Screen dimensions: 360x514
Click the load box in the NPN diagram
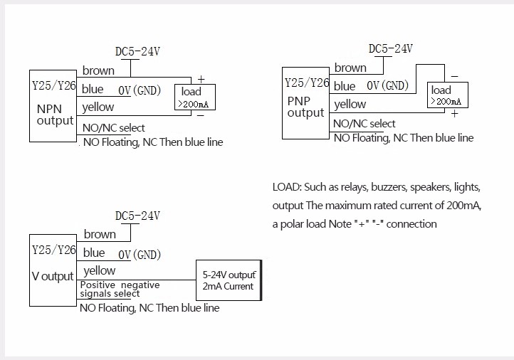[196, 97]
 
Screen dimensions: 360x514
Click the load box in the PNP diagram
[449, 95]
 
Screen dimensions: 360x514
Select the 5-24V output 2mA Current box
[228, 280]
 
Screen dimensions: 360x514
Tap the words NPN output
[55, 115]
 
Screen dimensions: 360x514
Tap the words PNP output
[305, 107]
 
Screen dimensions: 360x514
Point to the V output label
[53, 276]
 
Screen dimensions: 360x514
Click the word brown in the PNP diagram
[350, 68]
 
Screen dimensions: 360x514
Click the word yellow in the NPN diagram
[98, 107]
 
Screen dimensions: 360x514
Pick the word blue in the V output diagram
[94, 253]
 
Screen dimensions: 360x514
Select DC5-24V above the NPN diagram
[137, 52]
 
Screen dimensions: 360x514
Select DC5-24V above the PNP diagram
[390, 49]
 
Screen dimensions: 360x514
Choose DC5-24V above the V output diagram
[137, 216]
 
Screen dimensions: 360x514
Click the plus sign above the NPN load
[201, 78]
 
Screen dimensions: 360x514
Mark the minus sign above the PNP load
[454, 76]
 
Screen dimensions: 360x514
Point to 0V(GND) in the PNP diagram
[387, 86]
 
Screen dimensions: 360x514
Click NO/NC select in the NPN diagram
[114, 128]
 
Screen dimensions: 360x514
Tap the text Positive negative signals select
[119, 289]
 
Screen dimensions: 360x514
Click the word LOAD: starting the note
[286, 188]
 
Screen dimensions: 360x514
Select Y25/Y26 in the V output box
[54, 250]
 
